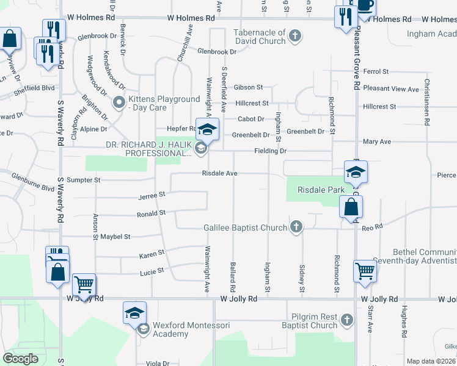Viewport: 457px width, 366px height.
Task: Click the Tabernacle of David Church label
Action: pos(260,37)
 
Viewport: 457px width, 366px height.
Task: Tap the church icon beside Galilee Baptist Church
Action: pos(296,228)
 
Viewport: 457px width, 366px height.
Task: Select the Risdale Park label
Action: pos(321,190)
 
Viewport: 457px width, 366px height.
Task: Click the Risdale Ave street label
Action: pos(220,173)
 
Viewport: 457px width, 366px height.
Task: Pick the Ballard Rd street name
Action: pos(233,276)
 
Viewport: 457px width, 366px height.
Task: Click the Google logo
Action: pos(21,358)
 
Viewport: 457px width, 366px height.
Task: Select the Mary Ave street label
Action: pos(376,142)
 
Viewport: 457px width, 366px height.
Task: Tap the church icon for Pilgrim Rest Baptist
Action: pos(347,320)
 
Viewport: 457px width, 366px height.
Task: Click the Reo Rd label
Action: pos(372,226)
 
